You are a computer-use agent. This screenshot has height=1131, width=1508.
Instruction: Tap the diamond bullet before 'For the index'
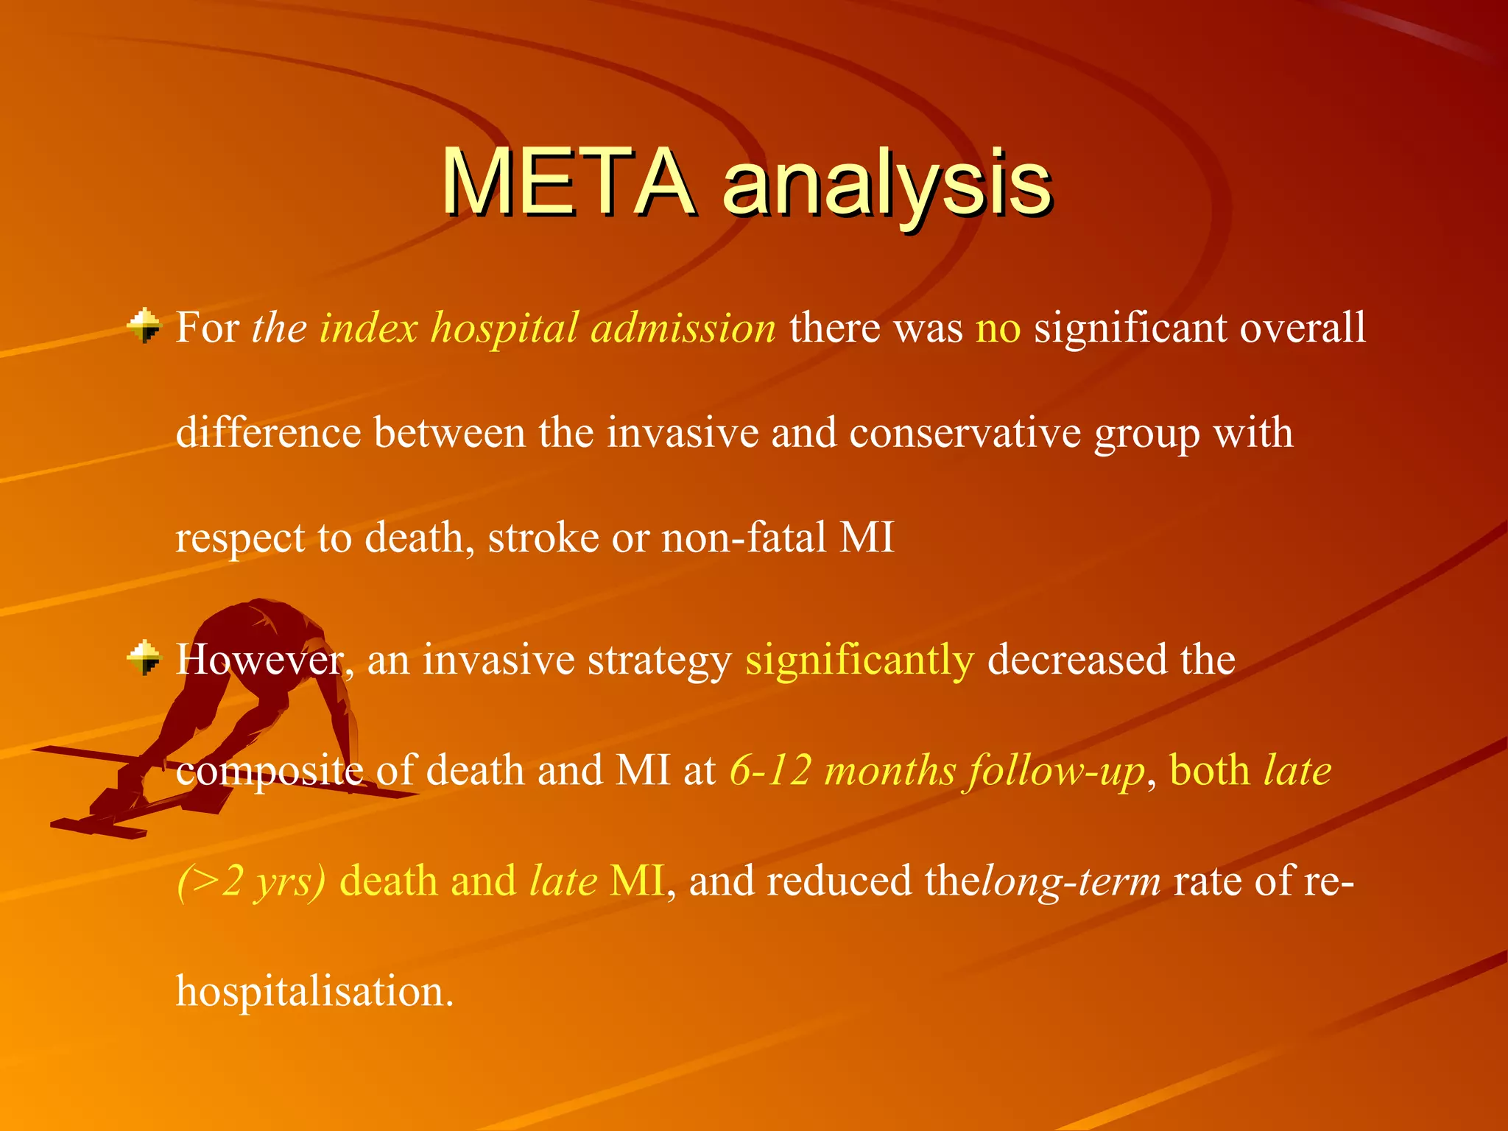point(144,325)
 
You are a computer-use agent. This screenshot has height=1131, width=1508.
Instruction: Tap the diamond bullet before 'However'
point(144,657)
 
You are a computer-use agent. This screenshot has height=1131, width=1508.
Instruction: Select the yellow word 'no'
point(998,328)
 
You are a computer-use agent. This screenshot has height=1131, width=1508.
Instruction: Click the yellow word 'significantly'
point(859,660)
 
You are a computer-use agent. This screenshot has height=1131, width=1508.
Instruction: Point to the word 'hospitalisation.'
point(314,991)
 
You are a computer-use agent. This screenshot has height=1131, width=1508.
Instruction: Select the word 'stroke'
point(543,538)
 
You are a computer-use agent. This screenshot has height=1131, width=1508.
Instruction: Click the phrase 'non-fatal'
point(744,538)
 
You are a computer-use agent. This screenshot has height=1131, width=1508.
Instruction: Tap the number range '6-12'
point(770,772)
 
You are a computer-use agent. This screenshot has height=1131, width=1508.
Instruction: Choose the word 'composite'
point(269,772)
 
